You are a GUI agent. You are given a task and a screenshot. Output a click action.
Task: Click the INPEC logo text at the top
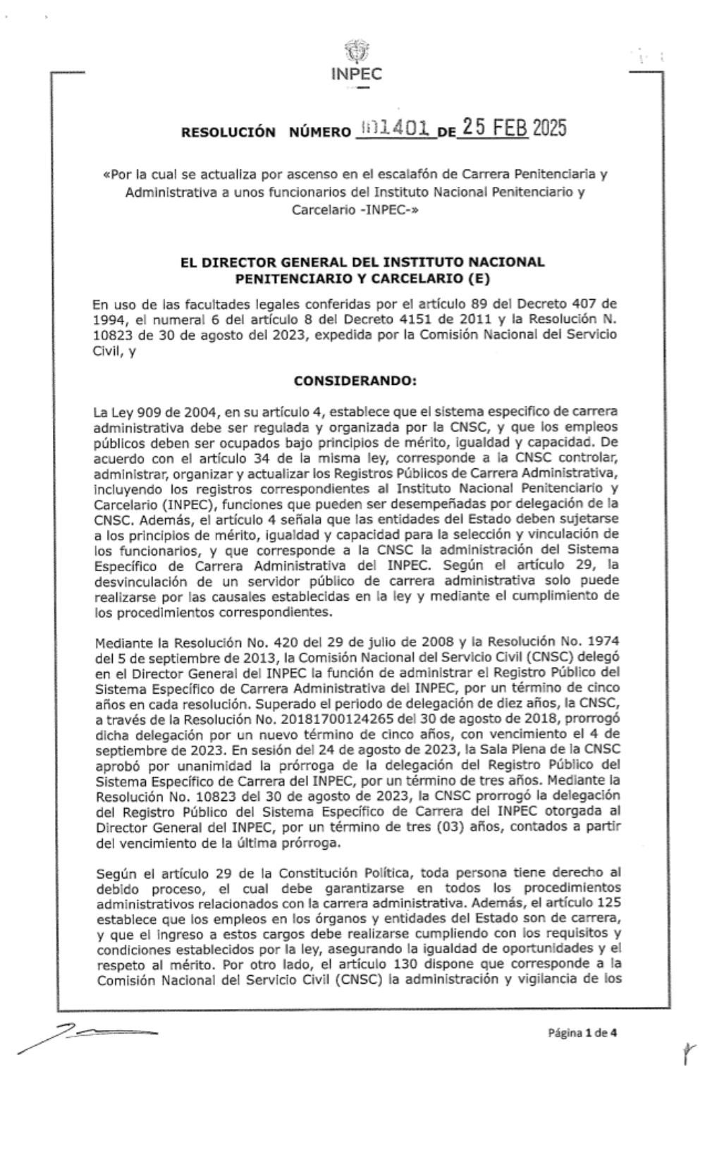point(356,75)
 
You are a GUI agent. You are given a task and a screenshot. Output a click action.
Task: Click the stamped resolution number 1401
point(394,129)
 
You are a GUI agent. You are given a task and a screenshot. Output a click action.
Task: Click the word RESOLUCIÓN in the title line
point(228,132)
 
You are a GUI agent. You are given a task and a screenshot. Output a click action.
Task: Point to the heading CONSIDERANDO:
point(355,381)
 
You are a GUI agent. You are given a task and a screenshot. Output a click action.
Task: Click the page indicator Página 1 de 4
point(582,1034)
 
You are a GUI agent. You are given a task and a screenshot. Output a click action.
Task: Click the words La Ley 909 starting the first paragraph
point(125,410)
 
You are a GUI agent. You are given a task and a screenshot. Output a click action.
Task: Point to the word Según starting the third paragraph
point(113,874)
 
